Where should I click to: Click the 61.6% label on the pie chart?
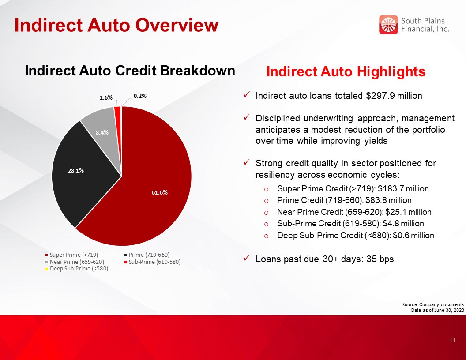click(x=160, y=192)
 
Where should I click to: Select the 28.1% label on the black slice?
click(x=76, y=170)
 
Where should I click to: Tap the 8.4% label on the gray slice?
click(x=102, y=132)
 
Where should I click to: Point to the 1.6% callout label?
click(x=106, y=98)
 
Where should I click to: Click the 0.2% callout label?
click(x=140, y=96)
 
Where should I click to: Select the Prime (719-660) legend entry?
click(x=147, y=255)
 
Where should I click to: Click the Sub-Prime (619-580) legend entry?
click(x=152, y=262)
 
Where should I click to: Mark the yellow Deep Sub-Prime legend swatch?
click(x=46, y=269)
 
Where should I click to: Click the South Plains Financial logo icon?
click(x=388, y=25)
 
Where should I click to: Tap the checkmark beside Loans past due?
click(x=246, y=258)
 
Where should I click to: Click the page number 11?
click(x=452, y=341)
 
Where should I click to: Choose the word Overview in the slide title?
click(x=177, y=25)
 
